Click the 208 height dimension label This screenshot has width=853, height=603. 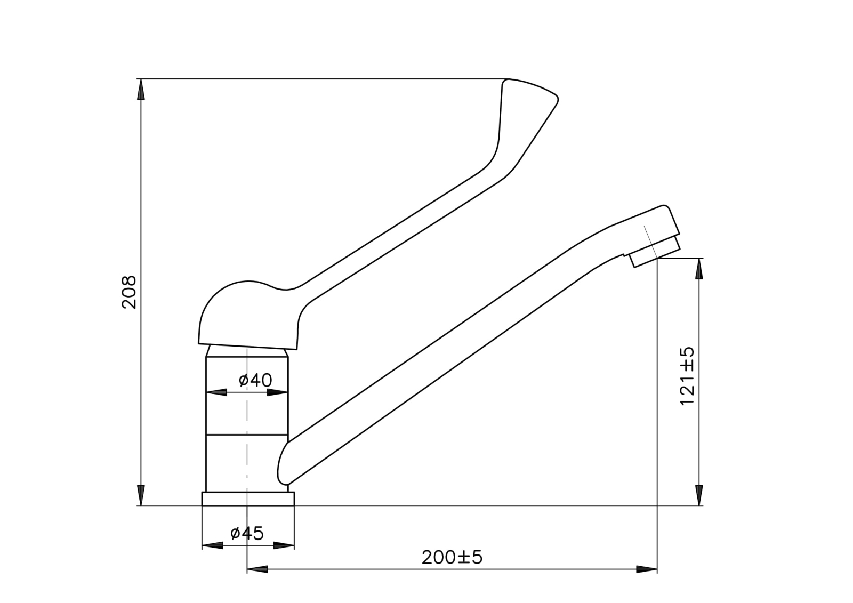pyautogui.click(x=128, y=292)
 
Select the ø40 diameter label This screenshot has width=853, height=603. pyautogui.click(x=255, y=380)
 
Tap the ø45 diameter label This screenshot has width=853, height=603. pyautogui.click(x=247, y=533)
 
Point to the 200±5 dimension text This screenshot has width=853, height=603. pyautogui.click(x=452, y=558)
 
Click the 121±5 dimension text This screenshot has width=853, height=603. pyautogui.click(x=687, y=376)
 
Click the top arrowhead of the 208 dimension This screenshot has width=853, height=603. pyautogui.click(x=141, y=90)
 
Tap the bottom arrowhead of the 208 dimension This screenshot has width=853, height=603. pyautogui.click(x=141, y=495)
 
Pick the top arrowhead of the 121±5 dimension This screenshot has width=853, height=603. pyautogui.click(x=699, y=269)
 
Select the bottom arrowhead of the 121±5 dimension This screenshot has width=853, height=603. pyautogui.click(x=699, y=495)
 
